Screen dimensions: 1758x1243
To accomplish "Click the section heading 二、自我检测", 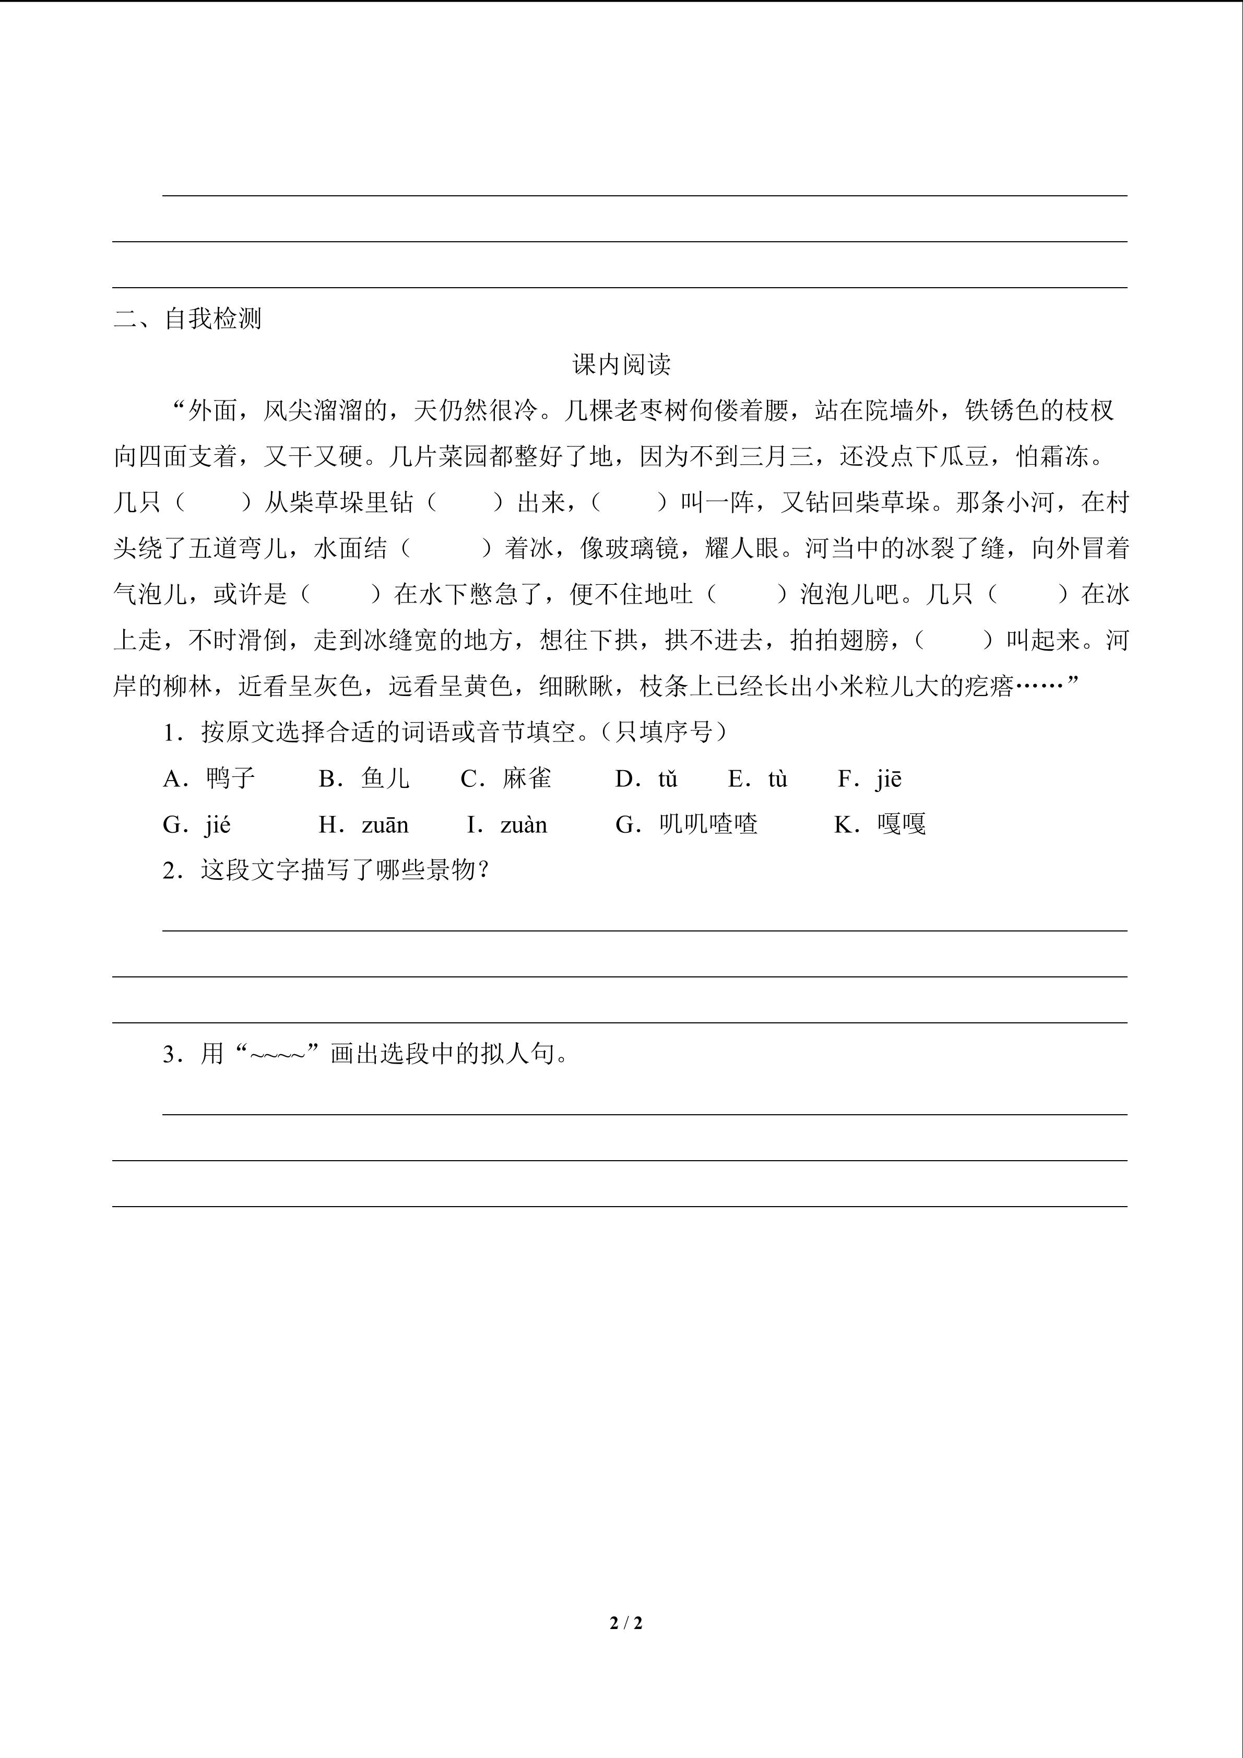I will (x=187, y=318).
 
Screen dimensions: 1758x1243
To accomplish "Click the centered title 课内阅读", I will (x=621, y=364).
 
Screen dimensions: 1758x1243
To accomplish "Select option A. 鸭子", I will (x=209, y=778).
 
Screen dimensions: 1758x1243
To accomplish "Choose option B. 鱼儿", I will (x=364, y=778).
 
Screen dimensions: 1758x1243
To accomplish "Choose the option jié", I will (x=197, y=824).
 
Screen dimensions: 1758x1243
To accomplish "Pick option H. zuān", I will (x=363, y=824).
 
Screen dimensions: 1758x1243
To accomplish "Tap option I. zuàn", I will (x=507, y=824).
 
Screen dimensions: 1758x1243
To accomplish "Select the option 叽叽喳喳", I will (x=686, y=824).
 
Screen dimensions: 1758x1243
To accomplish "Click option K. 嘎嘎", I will (x=880, y=824).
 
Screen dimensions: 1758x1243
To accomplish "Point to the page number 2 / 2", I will (x=626, y=1622).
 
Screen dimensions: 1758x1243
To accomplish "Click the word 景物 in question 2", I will (x=452, y=870).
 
